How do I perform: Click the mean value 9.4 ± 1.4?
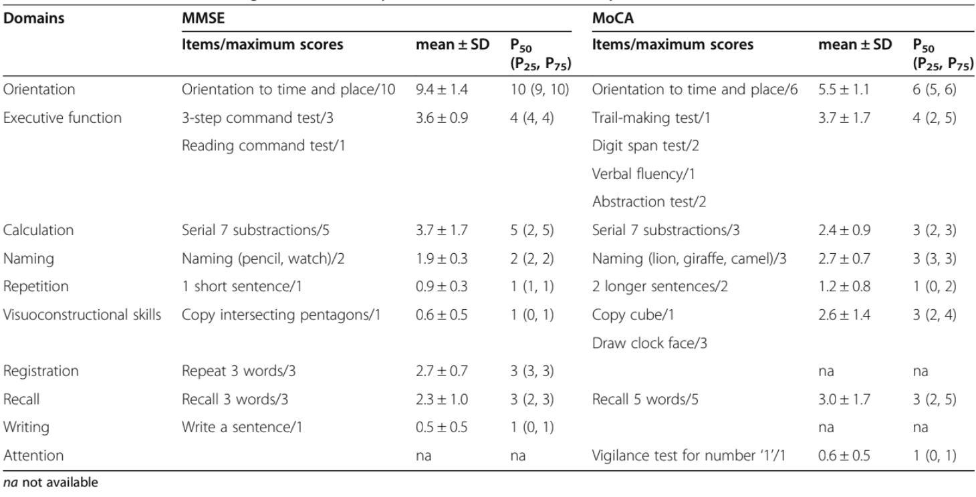pyautogui.click(x=437, y=90)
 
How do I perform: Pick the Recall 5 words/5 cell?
pyautogui.click(x=642, y=399)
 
